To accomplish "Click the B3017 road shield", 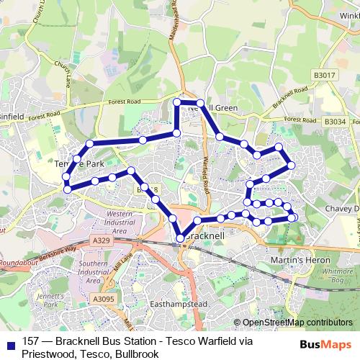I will point(325,74).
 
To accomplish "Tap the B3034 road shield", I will point(335,122).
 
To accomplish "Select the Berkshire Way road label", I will point(57,251).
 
